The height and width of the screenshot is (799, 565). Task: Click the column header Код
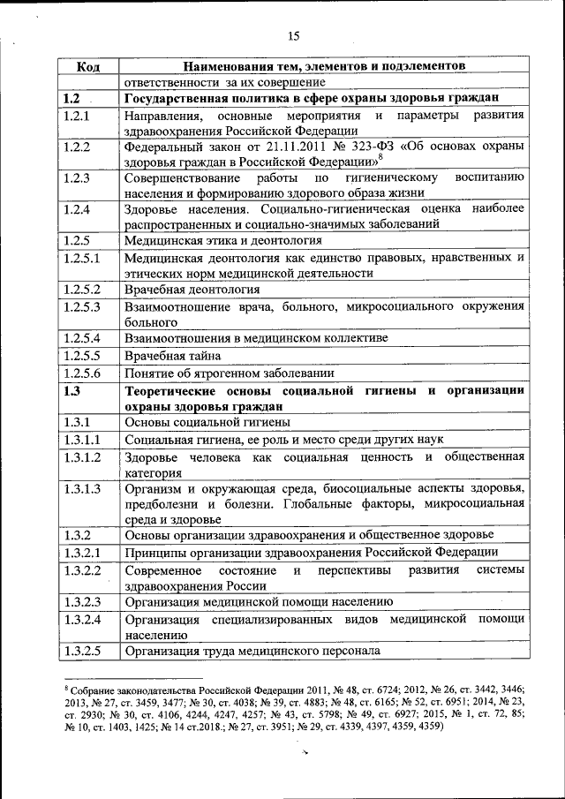(x=87, y=66)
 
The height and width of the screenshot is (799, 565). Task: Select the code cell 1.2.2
(x=78, y=147)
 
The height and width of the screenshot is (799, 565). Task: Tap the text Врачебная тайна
(x=172, y=355)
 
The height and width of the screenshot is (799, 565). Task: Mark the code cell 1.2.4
(x=78, y=209)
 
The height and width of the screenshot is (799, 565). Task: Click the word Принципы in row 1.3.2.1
(x=158, y=553)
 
